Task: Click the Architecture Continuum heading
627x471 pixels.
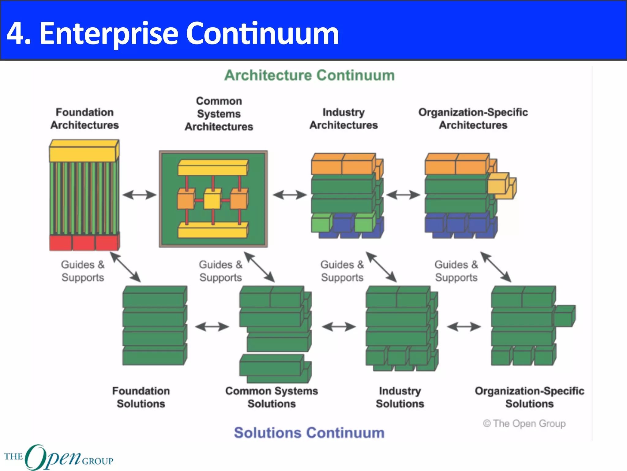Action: point(310,75)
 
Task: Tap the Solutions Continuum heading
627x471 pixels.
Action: point(309,433)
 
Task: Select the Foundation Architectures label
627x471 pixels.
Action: point(84,119)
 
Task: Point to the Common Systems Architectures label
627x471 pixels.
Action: point(219,114)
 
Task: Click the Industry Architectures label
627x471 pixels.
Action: point(344,119)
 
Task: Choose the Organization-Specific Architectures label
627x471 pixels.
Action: point(473,119)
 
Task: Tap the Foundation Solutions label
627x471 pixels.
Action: point(141,397)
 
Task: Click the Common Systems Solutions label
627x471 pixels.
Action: point(272,397)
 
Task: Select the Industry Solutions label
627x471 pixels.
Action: point(400,397)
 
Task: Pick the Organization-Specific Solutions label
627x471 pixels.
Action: point(529,397)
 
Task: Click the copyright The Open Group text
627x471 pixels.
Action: point(524,423)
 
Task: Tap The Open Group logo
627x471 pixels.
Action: point(58,457)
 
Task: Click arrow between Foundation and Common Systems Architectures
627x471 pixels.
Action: point(139,195)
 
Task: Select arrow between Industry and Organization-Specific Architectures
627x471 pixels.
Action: point(403,195)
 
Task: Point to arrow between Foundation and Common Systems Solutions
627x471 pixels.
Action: point(212,327)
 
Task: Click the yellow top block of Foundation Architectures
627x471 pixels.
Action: point(83,152)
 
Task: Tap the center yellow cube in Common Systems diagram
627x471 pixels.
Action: point(212,200)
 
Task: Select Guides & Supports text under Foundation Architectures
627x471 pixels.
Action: point(83,271)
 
